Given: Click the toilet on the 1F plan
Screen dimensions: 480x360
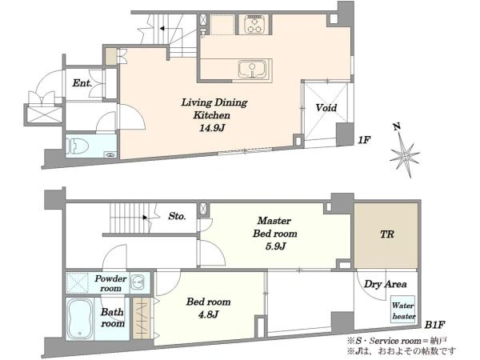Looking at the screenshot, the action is pos(77,146).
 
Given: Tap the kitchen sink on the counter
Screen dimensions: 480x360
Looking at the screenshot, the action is pos(252,69).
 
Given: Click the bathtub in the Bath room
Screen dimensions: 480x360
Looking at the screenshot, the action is pos(80,318).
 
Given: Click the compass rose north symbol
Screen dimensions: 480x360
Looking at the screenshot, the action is pos(404,151).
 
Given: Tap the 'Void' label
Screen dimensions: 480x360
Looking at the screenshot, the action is pos(326,107).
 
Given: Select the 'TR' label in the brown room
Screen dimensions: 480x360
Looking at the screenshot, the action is pos(386,234).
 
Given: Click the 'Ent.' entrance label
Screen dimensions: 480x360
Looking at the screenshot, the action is pos(82,82).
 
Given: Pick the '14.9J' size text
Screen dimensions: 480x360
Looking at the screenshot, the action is pos(212,128).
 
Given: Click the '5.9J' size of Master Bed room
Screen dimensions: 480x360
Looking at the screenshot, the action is pos(275,246).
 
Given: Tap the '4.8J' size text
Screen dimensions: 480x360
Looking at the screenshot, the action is pos(208,314).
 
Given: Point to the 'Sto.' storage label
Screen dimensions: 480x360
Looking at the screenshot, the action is pos(177,216).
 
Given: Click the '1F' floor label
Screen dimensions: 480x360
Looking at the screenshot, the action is pos(364,140).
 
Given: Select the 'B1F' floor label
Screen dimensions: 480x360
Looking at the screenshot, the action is pos(434,324).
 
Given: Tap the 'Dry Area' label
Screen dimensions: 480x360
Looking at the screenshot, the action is pos(385,284).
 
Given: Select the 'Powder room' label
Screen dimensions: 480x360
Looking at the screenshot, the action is pos(110,283).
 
